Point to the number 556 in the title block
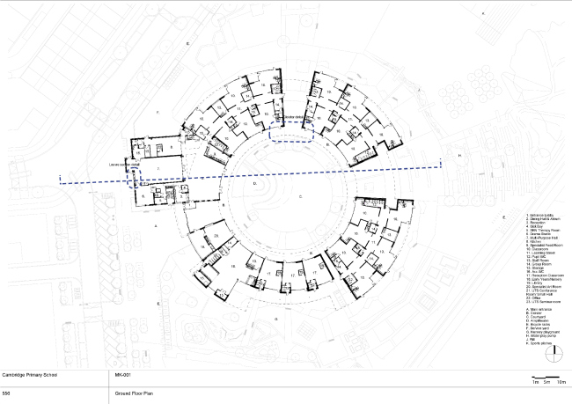coord(7,393)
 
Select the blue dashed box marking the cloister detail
coord(292,132)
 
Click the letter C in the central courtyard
coord(300,197)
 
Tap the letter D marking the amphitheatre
coord(254,186)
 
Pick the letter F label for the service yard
coord(157,114)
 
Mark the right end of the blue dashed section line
coord(440,164)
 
